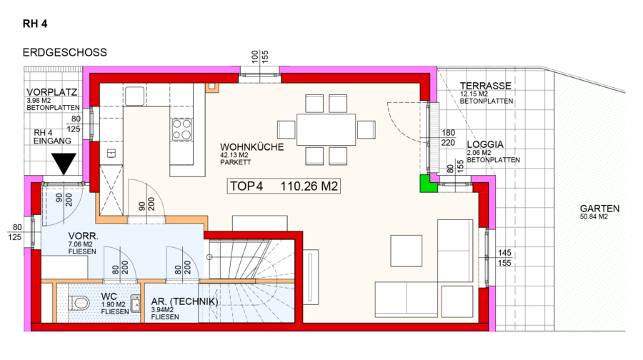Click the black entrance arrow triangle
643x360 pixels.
64,163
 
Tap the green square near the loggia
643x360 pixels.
429,184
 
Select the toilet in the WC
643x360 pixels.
79,304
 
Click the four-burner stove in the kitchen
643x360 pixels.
181,129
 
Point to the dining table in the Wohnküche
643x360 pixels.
326,129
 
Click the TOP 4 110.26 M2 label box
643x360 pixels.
284,186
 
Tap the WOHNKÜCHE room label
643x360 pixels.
251,147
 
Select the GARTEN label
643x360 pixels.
599,209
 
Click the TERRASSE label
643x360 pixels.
486,86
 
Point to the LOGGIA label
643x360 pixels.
485,144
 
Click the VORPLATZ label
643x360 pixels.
51,92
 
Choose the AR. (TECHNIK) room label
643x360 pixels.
184,301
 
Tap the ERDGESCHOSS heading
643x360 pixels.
65,52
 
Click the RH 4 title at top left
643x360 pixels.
35,24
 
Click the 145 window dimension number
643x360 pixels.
504,253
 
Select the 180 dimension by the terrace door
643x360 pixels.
448,132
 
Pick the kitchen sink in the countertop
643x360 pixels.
135,96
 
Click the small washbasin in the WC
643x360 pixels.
135,304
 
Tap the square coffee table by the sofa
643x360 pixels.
406,251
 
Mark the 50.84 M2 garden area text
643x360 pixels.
594,216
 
